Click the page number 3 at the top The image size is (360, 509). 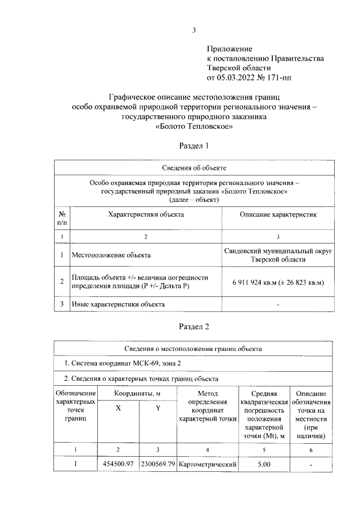pyautogui.click(x=193, y=30)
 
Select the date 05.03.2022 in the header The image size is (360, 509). pyautogui.click(x=236, y=76)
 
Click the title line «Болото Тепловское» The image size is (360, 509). pyautogui.click(x=193, y=127)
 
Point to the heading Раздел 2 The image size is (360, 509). pyautogui.click(x=193, y=326)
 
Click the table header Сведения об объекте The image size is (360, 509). pyautogui.click(x=194, y=168)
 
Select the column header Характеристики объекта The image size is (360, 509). pyautogui.click(x=145, y=214)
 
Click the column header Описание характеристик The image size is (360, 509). pyautogui.click(x=278, y=214)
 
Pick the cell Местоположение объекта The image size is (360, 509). pyautogui.click(x=111, y=255)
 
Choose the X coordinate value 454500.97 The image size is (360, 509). pyautogui.click(x=118, y=465)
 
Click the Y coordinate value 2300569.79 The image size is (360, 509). pyautogui.click(x=158, y=465)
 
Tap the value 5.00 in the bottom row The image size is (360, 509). pyautogui.click(x=264, y=465)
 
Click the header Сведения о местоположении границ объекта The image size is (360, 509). pyautogui.click(x=193, y=349)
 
